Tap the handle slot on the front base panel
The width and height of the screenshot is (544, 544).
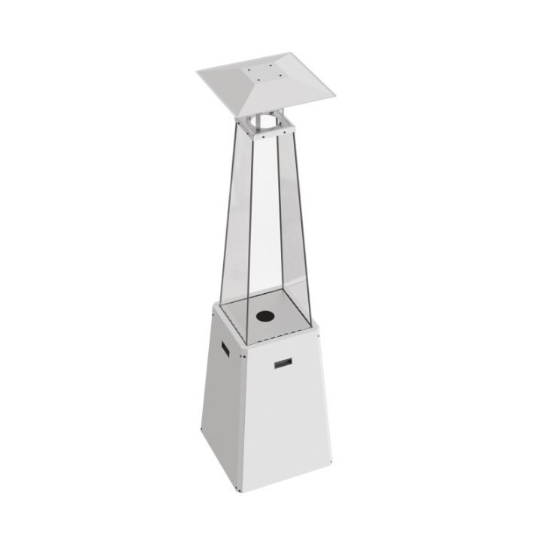tap(283, 364)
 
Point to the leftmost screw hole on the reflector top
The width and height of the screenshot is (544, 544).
tap(249, 70)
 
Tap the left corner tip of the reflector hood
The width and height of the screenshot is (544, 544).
tap(198, 72)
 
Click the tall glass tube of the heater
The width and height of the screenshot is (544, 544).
tap(263, 225)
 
